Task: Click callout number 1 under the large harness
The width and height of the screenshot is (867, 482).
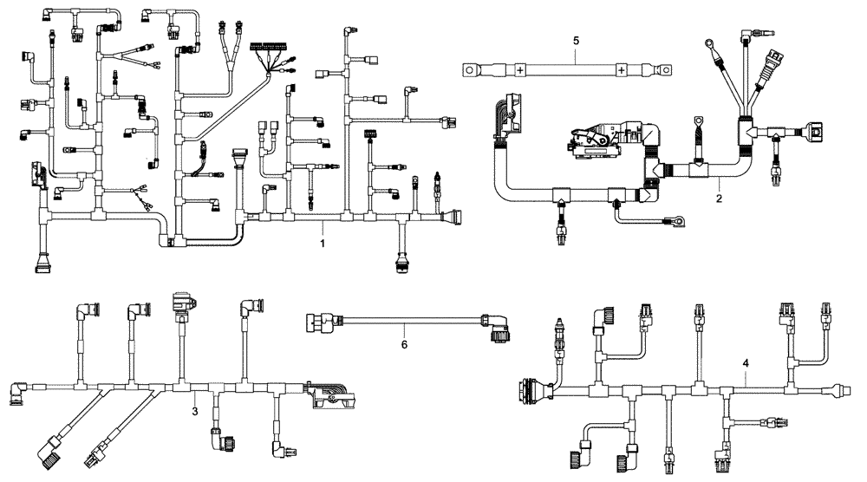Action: tap(323, 245)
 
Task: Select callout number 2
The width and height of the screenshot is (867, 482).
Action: tap(719, 199)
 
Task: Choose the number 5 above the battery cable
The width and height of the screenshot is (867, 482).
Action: tap(577, 40)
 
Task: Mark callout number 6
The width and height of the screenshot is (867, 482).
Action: tap(404, 344)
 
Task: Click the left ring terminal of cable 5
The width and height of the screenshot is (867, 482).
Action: tap(470, 69)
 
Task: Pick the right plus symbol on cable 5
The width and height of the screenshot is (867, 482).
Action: tap(622, 69)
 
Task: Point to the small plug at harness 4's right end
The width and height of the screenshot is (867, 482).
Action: tap(838, 390)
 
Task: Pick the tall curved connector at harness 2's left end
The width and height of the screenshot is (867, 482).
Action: tap(504, 121)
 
